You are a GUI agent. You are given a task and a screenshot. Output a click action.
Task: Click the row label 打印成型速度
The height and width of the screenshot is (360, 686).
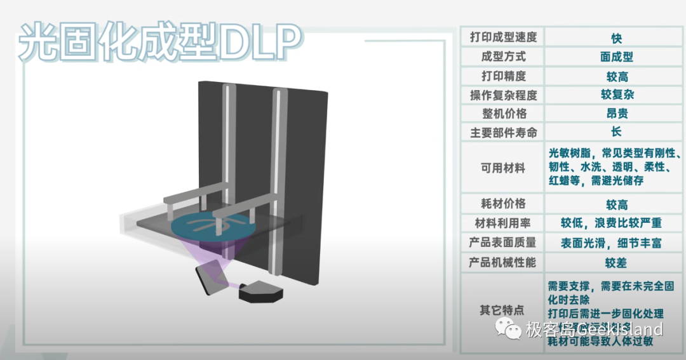503,37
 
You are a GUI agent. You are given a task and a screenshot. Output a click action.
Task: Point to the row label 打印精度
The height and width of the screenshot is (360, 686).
503,76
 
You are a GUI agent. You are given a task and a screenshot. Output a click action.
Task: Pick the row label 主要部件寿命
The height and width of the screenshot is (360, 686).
503,133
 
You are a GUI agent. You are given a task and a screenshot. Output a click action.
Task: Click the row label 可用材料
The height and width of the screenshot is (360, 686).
503,168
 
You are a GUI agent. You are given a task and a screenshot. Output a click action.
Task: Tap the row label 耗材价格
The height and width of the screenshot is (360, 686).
503,204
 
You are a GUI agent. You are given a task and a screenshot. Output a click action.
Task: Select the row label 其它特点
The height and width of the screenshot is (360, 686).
503,310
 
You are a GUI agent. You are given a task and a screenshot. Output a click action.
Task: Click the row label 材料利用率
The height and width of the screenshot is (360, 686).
503,223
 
